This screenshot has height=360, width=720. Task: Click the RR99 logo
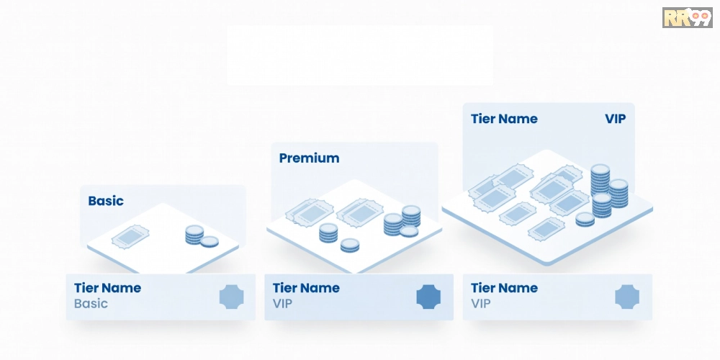[686, 17]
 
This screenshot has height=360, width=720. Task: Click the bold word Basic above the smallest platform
[106, 201]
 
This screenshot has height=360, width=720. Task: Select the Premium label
[309, 158]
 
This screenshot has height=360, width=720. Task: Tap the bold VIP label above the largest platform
[616, 119]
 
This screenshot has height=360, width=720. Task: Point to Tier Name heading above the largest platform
[504, 119]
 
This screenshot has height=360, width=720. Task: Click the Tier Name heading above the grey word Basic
[107, 288]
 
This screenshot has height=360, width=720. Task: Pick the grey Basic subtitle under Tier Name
[91, 304]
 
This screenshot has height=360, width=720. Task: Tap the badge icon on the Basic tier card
[231, 297]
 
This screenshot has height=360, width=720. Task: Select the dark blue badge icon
[428, 297]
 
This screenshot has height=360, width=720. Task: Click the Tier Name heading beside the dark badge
[306, 288]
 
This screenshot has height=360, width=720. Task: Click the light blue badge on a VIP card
[626, 297]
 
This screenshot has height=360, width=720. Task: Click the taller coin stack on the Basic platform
[194, 234]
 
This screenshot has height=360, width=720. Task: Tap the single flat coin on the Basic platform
[210, 242]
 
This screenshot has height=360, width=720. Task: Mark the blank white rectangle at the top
[360, 55]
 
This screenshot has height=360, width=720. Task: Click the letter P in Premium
[284, 158]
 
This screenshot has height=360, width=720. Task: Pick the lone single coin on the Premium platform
[350, 245]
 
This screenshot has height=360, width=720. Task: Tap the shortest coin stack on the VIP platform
[585, 218]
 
